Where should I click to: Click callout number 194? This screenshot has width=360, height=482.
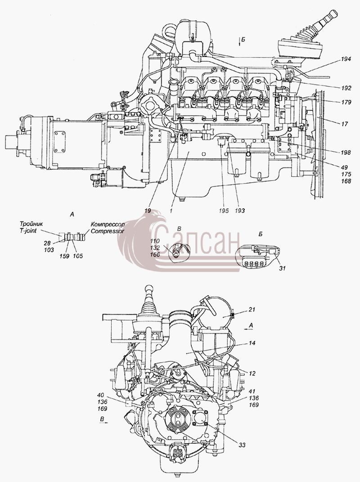[x=346, y=59]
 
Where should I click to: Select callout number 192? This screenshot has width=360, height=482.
[x=346, y=88]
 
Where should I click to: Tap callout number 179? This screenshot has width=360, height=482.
[x=346, y=102]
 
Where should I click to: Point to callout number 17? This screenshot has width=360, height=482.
[x=345, y=124]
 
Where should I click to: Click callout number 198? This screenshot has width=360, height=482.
[x=346, y=153]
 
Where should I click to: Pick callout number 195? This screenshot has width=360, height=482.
[x=224, y=211]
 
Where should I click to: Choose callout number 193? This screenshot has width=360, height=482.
[x=239, y=211]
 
